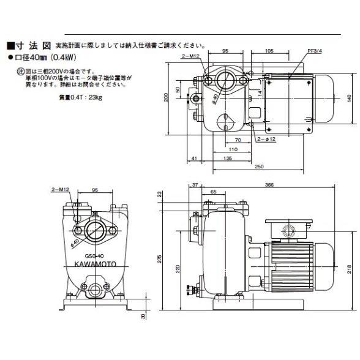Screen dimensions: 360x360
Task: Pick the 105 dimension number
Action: coord(269,51)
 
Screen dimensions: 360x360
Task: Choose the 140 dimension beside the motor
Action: coord(348,97)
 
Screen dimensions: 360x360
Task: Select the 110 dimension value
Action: coord(233,149)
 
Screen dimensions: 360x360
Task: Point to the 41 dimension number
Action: coord(193,158)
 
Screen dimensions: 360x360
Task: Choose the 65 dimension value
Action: coord(212,192)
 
